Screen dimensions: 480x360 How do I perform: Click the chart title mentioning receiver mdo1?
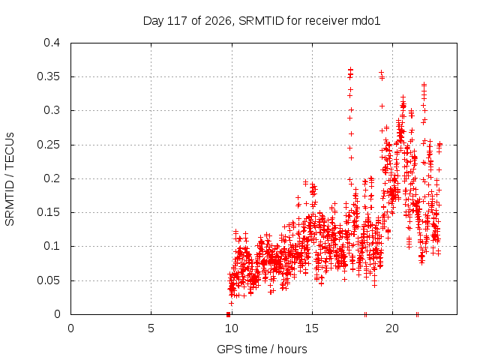[262, 21]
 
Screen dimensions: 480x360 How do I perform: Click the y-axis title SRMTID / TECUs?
[10, 179]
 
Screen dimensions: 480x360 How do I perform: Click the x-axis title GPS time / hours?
[262, 349]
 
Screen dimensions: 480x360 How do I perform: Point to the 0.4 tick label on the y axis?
[52, 43]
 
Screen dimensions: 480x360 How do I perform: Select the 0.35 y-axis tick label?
[48, 76]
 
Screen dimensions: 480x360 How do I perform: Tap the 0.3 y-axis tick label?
[52, 110]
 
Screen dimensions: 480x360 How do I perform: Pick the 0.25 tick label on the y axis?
[48, 145]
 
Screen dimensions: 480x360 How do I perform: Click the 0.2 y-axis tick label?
[52, 178]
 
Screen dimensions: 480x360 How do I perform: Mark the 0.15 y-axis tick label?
[48, 212]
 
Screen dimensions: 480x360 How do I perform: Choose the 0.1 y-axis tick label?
[52, 246]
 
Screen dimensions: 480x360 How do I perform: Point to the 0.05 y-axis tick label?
[48, 280]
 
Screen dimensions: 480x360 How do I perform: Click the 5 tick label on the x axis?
[151, 328]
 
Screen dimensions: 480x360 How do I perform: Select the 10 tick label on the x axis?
[232, 328]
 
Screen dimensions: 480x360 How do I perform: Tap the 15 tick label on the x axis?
[312, 328]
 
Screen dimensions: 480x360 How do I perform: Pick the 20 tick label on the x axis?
[392, 328]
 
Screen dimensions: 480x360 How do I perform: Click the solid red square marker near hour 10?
[228, 314]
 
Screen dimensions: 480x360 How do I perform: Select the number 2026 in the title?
[218, 21]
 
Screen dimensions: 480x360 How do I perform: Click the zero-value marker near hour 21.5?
[417, 314]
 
